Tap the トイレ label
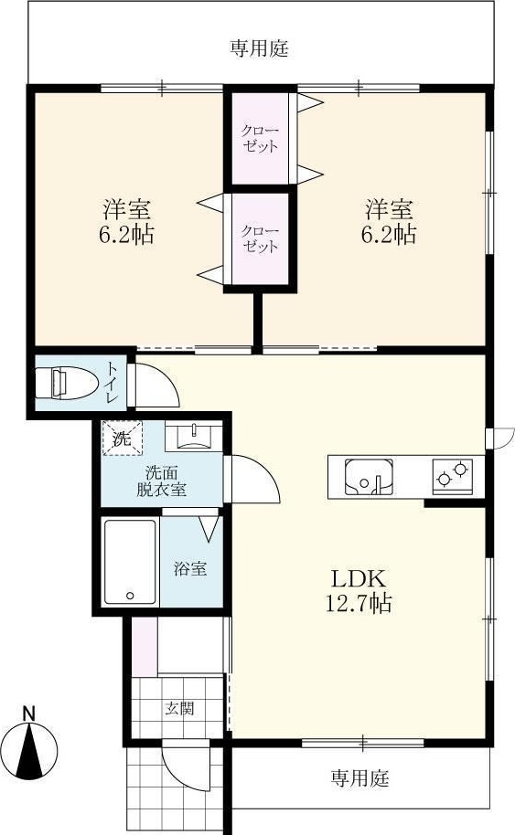(x=110, y=384)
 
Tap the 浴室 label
(x=190, y=568)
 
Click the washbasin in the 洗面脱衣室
(x=192, y=438)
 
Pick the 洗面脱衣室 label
(x=161, y=481)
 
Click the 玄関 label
(x=179, y=708)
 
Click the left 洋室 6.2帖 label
(x=126, y=221)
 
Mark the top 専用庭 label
(x=259, y=48)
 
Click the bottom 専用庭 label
(x=359, y=778)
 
